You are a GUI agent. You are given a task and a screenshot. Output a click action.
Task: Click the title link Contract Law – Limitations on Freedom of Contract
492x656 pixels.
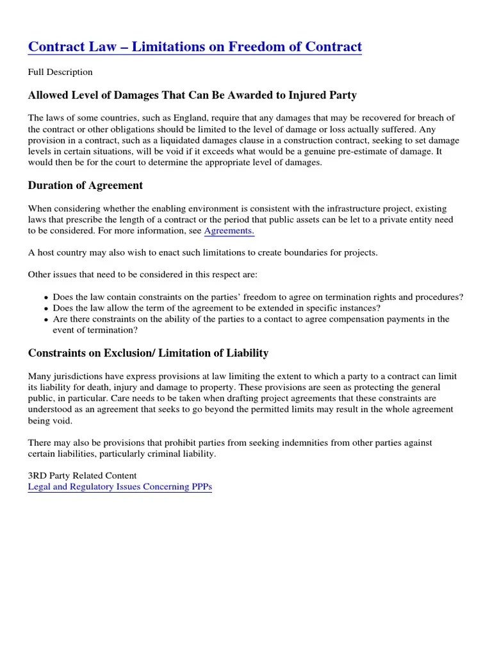(195, 47)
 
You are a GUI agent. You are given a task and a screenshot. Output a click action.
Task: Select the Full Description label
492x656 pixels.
(60, 72)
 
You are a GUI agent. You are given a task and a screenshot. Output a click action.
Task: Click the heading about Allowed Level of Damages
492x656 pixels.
(192, 95)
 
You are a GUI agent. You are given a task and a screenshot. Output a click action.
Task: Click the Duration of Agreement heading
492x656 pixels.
(85, 186)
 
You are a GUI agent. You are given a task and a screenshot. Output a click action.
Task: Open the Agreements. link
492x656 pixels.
(229, 231)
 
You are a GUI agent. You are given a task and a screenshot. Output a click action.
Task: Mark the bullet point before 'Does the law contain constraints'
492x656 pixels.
(46, 298)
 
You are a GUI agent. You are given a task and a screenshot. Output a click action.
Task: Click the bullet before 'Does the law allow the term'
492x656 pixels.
(46, 309)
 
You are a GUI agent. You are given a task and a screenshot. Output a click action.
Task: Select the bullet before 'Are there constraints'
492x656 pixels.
(46, 320)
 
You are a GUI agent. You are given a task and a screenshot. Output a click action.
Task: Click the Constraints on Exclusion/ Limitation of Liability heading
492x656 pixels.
(148, 353)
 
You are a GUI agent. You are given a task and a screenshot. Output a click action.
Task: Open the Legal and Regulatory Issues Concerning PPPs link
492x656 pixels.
(120, 487)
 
